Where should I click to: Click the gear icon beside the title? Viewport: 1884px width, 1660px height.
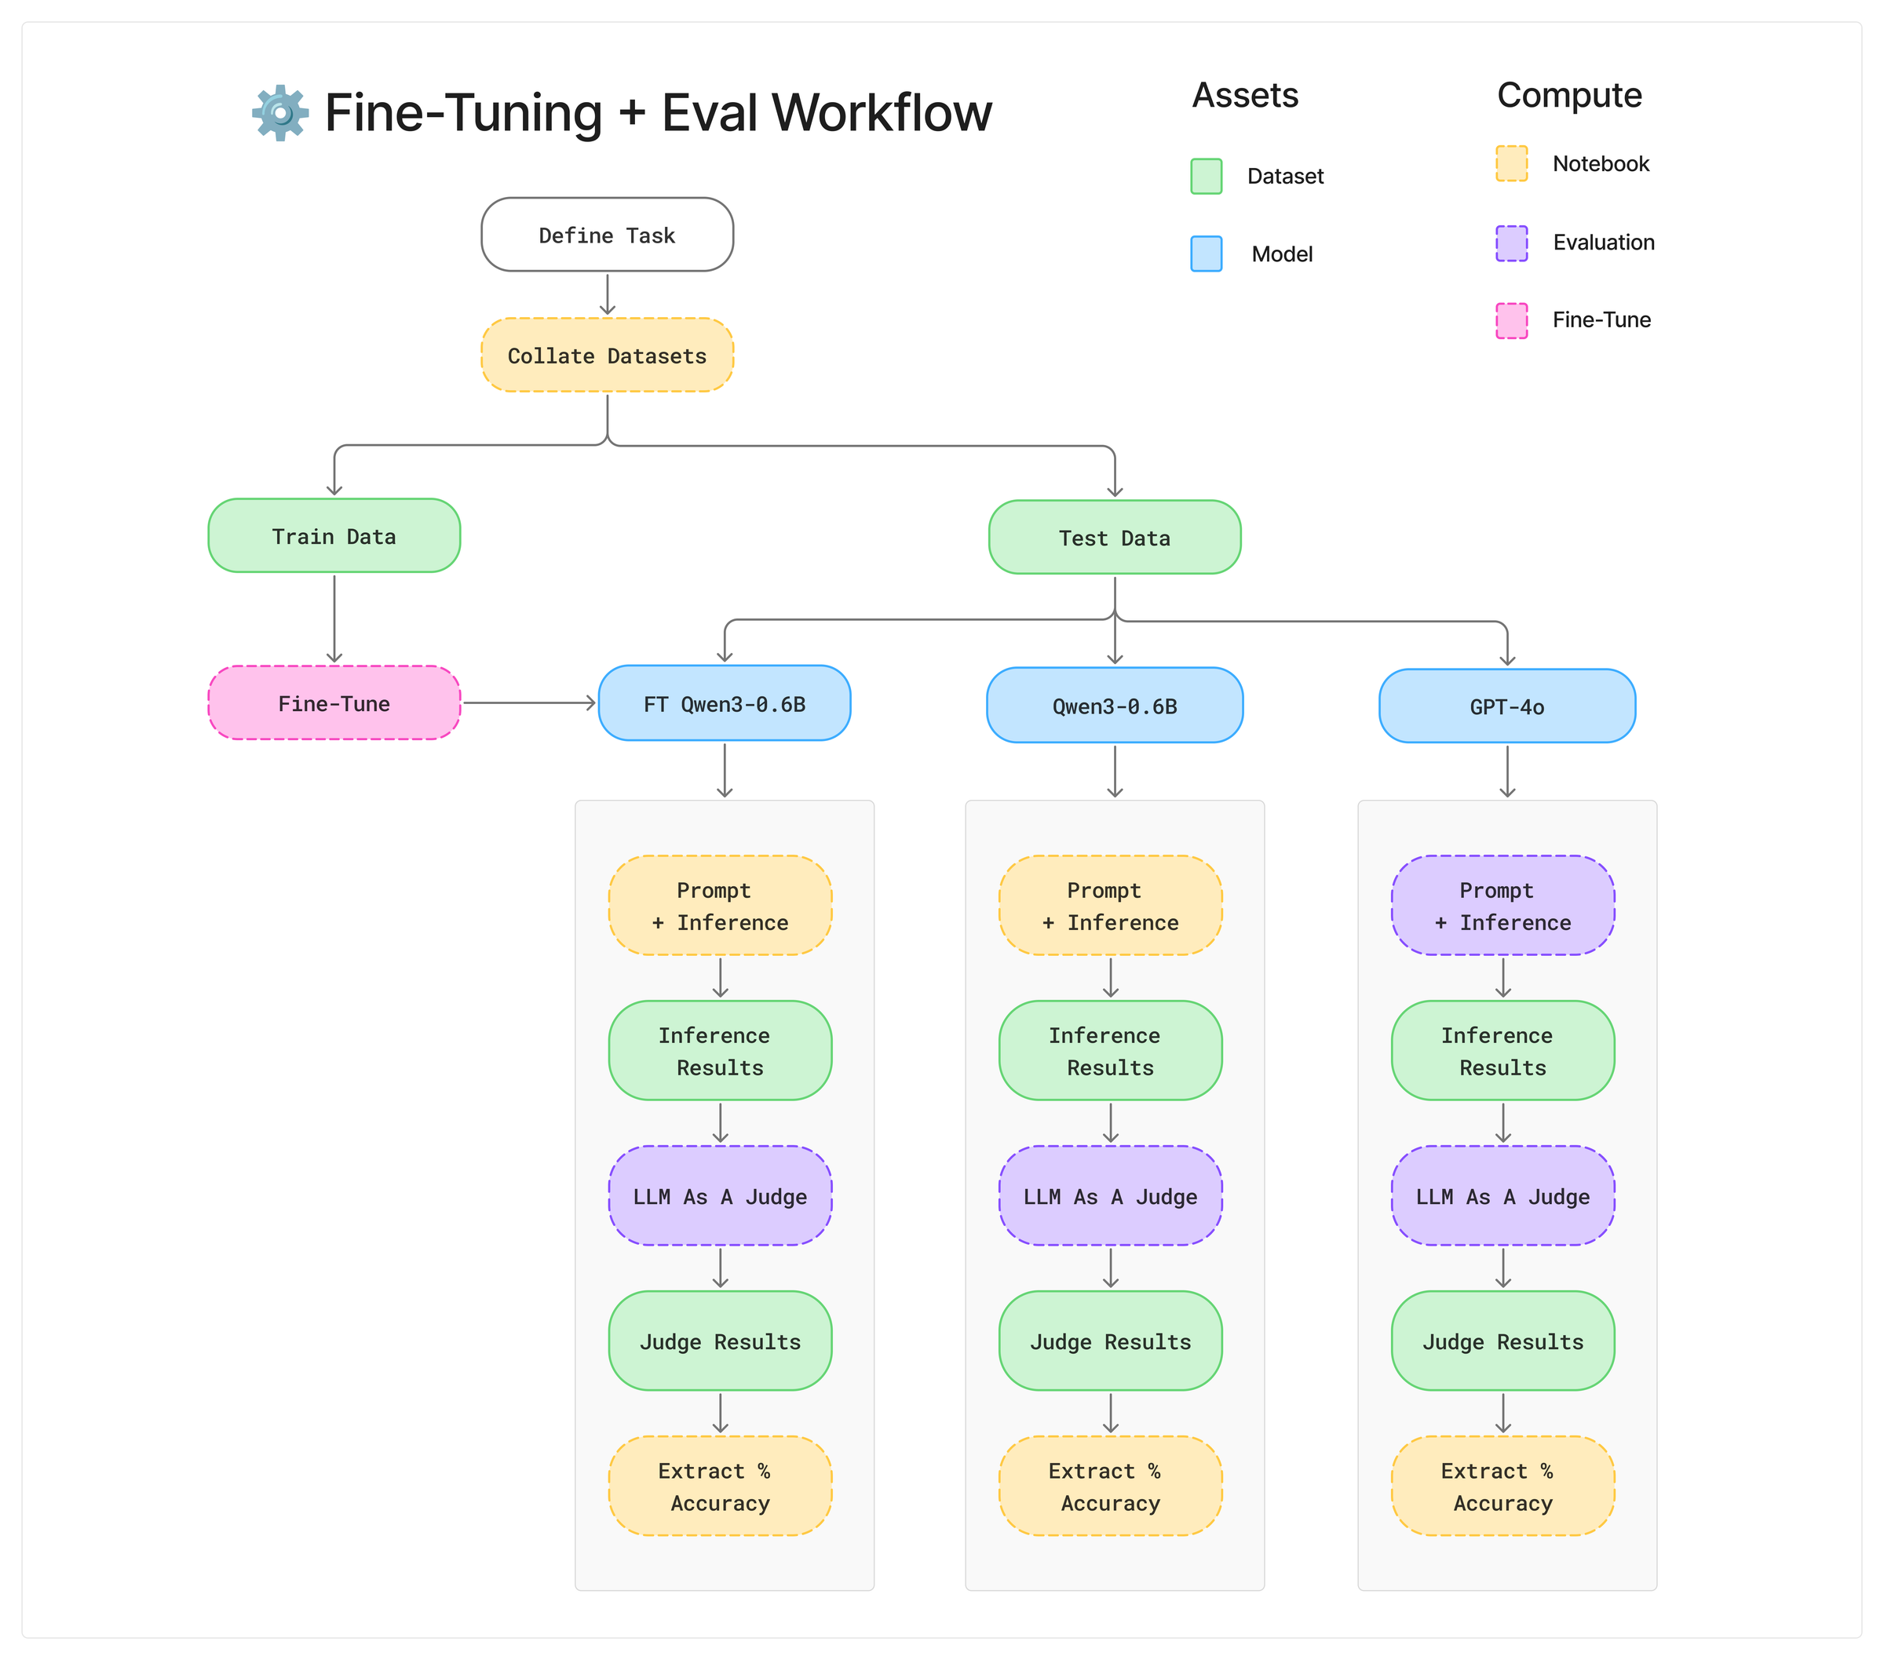[x=280, y=112]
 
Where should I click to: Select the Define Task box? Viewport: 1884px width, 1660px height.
[x=607, y=235]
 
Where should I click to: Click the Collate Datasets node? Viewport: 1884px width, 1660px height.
[x=607, y=355]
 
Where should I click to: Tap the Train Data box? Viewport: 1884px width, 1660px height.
[x=334, y=535]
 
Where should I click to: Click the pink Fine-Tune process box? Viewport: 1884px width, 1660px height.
[x=334, y=703]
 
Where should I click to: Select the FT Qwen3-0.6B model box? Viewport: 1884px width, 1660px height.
[x=724, y=703]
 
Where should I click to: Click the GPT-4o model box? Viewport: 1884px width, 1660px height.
[x=1506, y=706]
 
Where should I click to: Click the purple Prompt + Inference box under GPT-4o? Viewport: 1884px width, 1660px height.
[x=1502, y=905]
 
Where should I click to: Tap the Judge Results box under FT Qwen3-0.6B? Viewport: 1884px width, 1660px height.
[x=720, y=1341]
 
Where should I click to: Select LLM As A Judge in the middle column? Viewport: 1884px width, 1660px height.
[x=1110, y=1196]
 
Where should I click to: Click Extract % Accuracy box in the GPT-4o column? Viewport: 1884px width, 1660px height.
[x=1502, y=1486]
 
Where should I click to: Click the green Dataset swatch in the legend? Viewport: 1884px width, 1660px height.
[x=1206, y=176]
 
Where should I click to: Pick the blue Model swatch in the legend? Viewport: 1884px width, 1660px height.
[x=1206, y=254]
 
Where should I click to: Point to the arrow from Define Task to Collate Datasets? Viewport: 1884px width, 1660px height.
[x=607, y=295]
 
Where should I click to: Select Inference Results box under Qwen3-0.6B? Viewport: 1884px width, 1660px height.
[x=1110, y=1051]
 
